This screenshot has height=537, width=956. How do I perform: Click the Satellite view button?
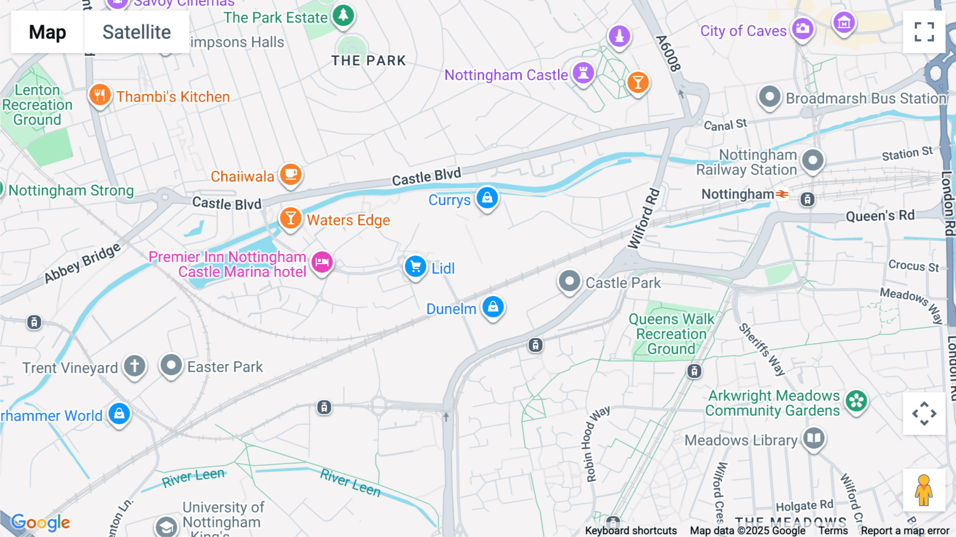(136, 32)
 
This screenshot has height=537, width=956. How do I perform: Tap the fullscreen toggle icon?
(924, 32)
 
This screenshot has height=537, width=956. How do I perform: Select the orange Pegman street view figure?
(924, 490)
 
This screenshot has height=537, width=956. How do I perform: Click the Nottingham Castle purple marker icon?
(583, 73)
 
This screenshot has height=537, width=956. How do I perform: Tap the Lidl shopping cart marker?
(415, 266)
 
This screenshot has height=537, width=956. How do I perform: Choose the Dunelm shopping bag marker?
(493, 307)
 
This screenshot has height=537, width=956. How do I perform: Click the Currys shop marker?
(487, 198)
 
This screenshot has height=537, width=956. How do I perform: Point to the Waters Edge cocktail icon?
(291, 218)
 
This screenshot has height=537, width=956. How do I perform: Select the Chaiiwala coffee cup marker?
(291, 174)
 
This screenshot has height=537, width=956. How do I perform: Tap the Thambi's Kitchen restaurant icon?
(100, 95)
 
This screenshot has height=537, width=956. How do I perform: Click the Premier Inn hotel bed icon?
(322, 262)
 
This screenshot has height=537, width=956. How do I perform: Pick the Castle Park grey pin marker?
(569, 280)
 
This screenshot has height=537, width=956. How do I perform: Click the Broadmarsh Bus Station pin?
(770, 97)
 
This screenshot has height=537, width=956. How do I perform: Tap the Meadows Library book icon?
(814, 439)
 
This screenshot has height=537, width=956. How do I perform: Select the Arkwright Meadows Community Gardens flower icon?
(856, 401)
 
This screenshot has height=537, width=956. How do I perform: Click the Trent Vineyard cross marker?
(134, 366)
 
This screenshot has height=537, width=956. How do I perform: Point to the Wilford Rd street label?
(644, 219)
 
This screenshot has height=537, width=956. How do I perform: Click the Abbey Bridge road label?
(82, 263)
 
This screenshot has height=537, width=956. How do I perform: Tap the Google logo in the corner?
(40, 523)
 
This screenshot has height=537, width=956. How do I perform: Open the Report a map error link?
(904, 531)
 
